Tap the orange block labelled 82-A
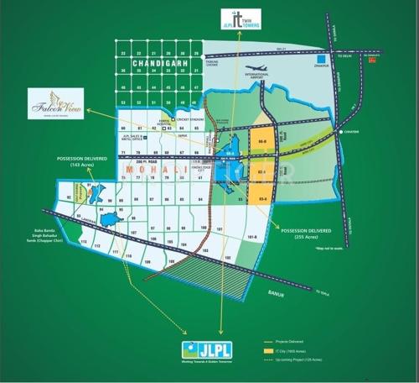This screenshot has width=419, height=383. (261, 172)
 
